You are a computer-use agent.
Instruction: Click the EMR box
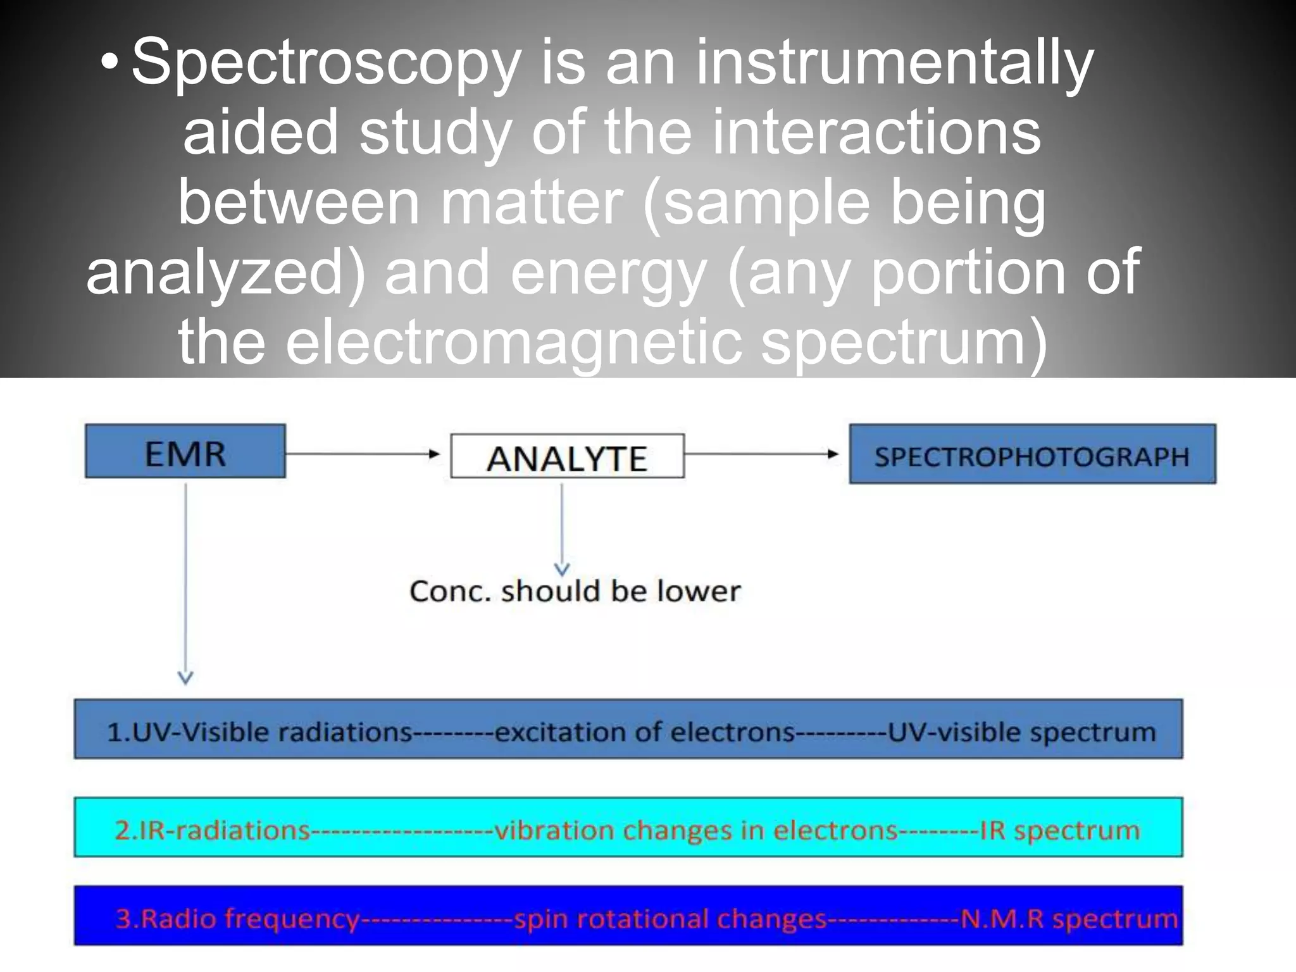(185, 451)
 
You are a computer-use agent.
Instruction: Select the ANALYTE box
(567, 456)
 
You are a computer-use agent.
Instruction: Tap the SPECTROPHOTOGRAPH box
(1032, 454)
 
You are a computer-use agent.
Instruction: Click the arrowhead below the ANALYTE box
(562, 569)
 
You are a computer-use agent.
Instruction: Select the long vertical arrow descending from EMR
(185, 582)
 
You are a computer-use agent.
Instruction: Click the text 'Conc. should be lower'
(575, 591)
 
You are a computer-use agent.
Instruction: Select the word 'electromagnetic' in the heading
(513, 342)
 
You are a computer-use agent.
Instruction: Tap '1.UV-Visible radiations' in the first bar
(259, 732)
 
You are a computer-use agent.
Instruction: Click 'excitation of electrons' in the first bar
(644, 732)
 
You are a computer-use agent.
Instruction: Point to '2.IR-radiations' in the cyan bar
(213, 830)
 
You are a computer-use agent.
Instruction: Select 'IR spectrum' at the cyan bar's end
(1060, 830)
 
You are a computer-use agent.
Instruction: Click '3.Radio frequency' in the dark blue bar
(237, 918)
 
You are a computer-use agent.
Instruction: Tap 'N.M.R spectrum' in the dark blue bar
(1069, 918)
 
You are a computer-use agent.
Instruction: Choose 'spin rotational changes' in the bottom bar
(670, 918)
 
